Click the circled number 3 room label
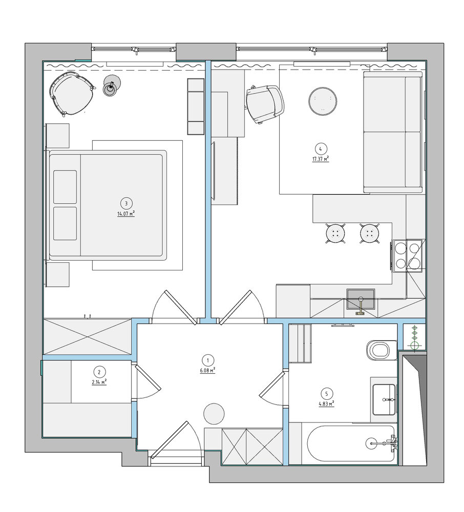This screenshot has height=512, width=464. (x=126, y=203)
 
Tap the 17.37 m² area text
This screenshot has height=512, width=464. (x=320, y=159)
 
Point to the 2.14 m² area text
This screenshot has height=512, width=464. (x=99, y=382)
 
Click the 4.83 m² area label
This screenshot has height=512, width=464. (x=326, y=404)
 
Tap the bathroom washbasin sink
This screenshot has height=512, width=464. (x=384, y=399)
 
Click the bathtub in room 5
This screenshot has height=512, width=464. (x=351, y=443)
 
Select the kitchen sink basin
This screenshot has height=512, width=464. (x=361, y=299)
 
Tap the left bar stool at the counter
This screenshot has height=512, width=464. (x=335, y=233)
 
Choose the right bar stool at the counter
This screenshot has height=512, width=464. (x=370, y=233)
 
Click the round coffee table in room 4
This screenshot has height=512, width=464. (x=322, y=101)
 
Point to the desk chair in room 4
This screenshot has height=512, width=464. (x=265, y=103)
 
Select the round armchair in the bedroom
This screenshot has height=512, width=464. (x=72, y=94)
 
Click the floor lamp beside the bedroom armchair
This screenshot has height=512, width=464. (x=112, y=86)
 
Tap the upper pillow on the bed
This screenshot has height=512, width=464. (x=65, y=187)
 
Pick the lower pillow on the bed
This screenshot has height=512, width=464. (x=65, y=223)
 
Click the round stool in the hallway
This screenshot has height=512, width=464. (x=214, y=413)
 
